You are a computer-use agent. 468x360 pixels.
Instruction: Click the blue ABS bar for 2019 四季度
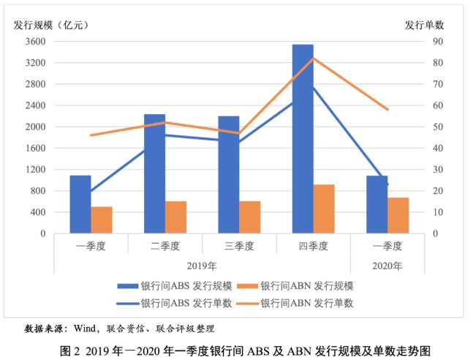303,139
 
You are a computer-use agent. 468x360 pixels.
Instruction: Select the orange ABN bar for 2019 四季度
324,209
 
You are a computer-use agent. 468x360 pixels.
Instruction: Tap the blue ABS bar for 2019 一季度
80,205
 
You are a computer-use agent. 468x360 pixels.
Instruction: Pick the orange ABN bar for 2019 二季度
175,217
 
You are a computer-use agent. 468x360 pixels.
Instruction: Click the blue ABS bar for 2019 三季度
228,175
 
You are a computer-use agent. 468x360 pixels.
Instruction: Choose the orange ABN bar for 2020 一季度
398,216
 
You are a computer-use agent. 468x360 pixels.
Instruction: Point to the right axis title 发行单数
424,24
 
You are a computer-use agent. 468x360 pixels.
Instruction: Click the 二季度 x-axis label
165,245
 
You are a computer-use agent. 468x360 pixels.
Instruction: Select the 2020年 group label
388,266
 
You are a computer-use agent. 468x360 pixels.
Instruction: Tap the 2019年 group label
202,266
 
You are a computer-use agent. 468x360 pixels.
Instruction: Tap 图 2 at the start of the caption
71,350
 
